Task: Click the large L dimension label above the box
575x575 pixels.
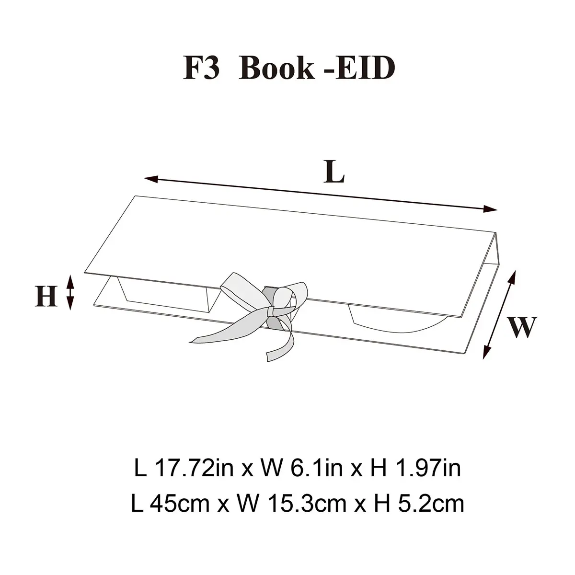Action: pyautogui.click(x=334, y=172)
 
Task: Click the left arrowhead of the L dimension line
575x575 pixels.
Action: pyautogui.click(x=151, y=179)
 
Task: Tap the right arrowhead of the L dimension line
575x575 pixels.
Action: pyautogui.click(x=490, y=209)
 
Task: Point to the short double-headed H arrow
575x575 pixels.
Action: pyautogui.click(x=70, y=292)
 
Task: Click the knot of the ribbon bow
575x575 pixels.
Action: pyautogui.click(x=272, y=312)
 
